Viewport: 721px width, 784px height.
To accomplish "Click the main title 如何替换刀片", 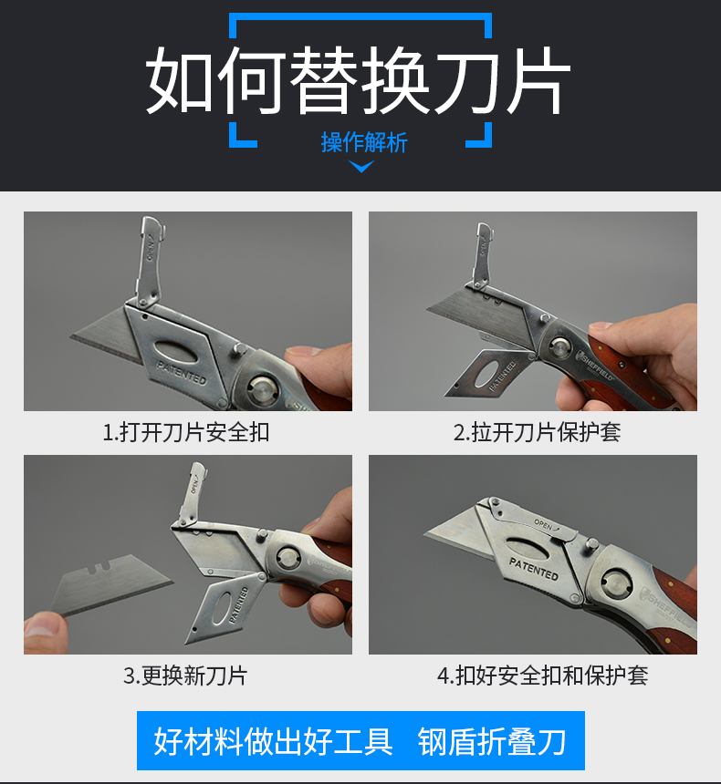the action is [358, 80].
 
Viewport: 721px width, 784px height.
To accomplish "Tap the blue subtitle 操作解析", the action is [364, 142].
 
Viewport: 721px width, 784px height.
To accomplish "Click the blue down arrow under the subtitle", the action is [361, 167].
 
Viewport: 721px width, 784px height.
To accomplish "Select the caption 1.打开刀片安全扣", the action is [186, 432].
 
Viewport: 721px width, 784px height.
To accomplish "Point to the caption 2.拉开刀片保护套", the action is [537, 432].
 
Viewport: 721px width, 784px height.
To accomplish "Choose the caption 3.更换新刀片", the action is [185, 676].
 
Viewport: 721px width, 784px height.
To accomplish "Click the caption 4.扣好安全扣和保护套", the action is [543, 676].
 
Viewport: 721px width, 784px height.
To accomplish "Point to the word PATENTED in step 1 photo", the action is [182, 373].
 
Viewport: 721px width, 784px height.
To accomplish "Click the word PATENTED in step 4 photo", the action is [534, 569].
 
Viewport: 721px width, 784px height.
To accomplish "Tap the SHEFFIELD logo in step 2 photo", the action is [596, 366].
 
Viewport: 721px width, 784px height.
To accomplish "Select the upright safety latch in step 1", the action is [149, 260].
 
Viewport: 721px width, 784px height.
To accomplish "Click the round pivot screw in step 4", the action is [615, 582].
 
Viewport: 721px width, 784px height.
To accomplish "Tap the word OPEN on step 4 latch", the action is [544, 524].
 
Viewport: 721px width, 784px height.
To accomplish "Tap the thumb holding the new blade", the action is [44, 633].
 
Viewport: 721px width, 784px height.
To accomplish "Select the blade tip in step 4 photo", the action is [424, 534].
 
